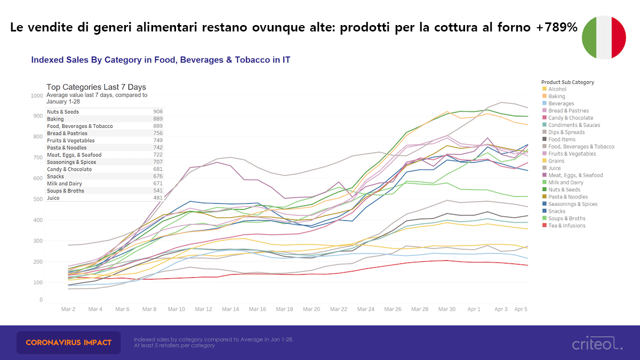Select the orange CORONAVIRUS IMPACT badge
click(69, 342)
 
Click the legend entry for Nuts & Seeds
click(564, 189)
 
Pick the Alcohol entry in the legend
click(557, 89)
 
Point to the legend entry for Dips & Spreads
click(566, 132)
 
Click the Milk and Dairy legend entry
click(566, 182)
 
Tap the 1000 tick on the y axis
click(37, 96)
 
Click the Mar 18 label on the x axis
click(284, 309)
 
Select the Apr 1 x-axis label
click(474, 309)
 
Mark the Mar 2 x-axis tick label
click(68, 309)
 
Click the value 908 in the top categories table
click(157, 112)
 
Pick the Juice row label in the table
click(53, 198)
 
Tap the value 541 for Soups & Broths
click(157, 191)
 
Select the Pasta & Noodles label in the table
click(67, 148)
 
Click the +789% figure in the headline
click(557, 28)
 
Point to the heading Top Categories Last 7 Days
click(96, 87)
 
